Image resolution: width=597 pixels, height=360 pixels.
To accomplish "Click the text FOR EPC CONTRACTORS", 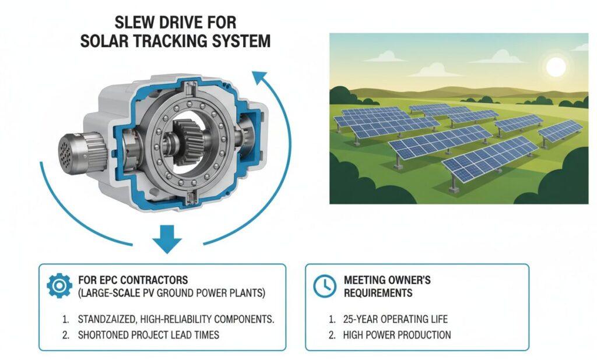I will pyautogui.click(x=132, y=280).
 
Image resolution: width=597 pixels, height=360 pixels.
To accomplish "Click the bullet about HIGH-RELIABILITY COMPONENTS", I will pyautogui.click(x=175, y=319).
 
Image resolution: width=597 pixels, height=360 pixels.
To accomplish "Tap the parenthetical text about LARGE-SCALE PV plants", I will pyautogui.click(x=171, y=293).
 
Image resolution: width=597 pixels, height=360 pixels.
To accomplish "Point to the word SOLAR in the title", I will pyautogui.click(x=136, y=42).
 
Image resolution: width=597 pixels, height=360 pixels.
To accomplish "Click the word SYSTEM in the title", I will pyautogui.click(x=250, y=42).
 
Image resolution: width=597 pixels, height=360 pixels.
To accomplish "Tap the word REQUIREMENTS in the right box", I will pyautogui.click(x=380, y=292).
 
